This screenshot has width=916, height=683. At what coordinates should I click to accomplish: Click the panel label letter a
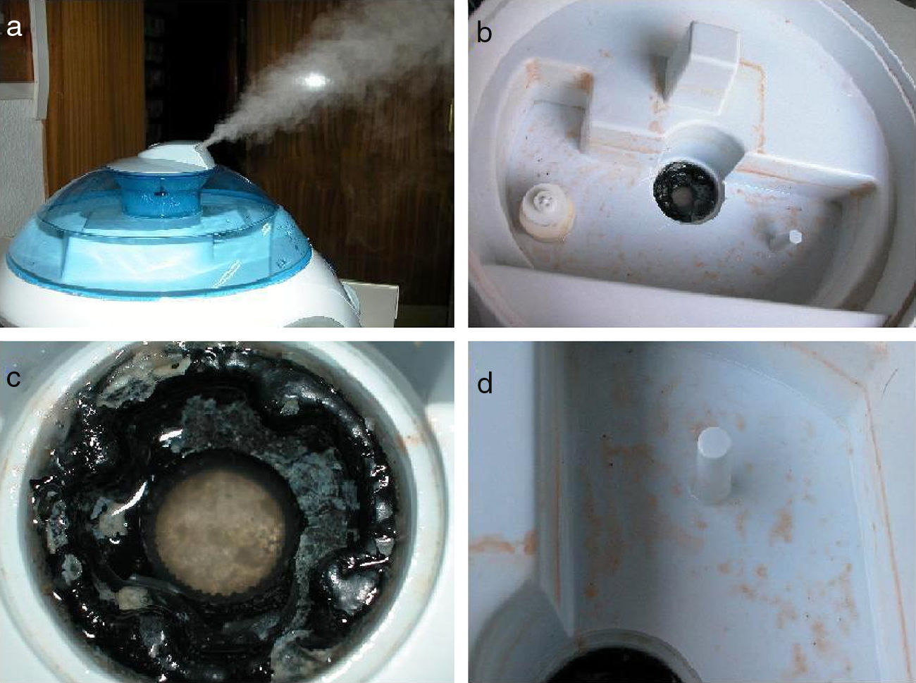pyautogui.click(x=14, y=28)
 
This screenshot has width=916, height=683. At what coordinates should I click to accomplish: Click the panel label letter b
pyautogui.click(x=484, y=32)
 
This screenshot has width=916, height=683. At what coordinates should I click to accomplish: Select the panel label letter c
pyautogui.click(x=14, y=377)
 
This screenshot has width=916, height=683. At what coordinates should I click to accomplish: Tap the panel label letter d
pyautogui.click(x=485, y=383)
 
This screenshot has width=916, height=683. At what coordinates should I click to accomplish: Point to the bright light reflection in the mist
pyautogui.click(x=316, y=80)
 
